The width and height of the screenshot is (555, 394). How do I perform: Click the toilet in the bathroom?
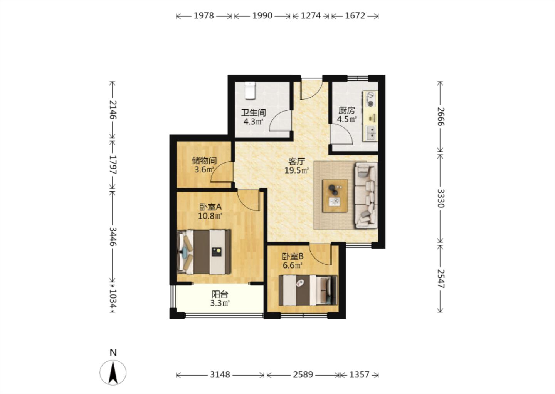coord(250,90)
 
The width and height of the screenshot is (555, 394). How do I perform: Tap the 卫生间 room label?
coord(254,113)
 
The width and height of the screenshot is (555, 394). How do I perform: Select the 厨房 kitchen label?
coord(347,110)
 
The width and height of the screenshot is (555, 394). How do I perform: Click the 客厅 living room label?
coord(296,162)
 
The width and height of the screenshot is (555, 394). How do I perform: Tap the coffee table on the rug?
coord(335,195)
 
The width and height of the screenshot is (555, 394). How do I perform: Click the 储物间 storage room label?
coord(204,161)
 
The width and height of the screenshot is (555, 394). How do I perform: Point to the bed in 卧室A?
coord(204,252)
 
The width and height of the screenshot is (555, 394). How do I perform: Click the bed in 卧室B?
coord(308,290)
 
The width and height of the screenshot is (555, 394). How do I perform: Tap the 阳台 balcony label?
coord(220,294)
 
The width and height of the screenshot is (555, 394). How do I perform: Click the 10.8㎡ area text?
coord(210,216)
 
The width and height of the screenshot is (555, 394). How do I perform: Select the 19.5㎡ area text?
coord(296,170)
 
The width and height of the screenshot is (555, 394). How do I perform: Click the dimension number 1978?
coord(203,16)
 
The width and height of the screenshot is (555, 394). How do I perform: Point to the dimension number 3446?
coord(113,237)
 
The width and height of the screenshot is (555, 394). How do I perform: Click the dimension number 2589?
coord(303,375)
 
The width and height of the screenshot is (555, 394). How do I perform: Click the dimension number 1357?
coord(359,375)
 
